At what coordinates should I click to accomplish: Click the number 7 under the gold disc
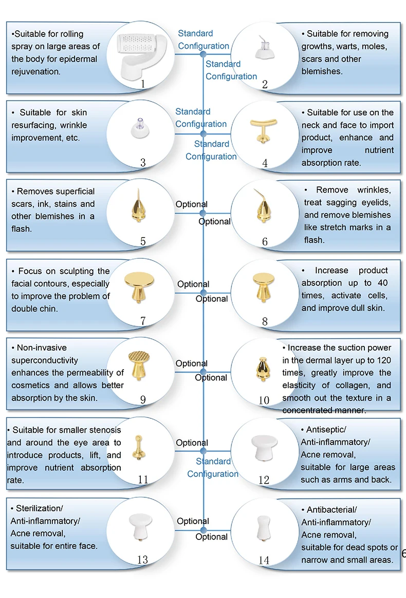pos(143,321)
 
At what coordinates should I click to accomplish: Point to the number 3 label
pos(143,163)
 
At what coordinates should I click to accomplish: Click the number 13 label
pos(143,560)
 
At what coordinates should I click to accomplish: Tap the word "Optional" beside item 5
pos(192,204)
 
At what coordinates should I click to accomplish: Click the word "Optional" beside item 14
pos(211,537)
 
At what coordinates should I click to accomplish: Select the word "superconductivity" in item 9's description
pos(45,360)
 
